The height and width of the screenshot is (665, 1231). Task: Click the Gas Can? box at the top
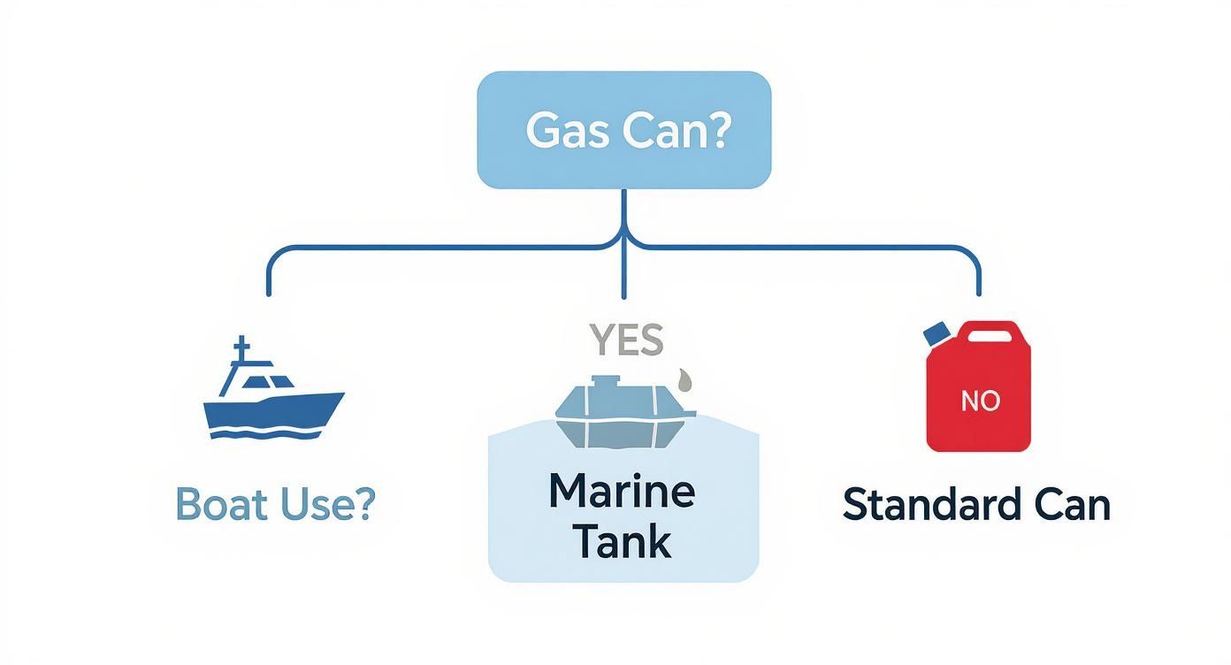click(x=623, y=130)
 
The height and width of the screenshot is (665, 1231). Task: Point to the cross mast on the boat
click(x=239, y=354)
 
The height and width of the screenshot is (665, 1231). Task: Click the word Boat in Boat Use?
click(x=223, y=503)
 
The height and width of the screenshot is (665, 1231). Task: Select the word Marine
click(x=622, y=492)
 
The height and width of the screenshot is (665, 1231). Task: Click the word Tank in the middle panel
click(x=622, y=541)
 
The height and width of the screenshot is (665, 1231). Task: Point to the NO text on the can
click(x=980, y=401)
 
